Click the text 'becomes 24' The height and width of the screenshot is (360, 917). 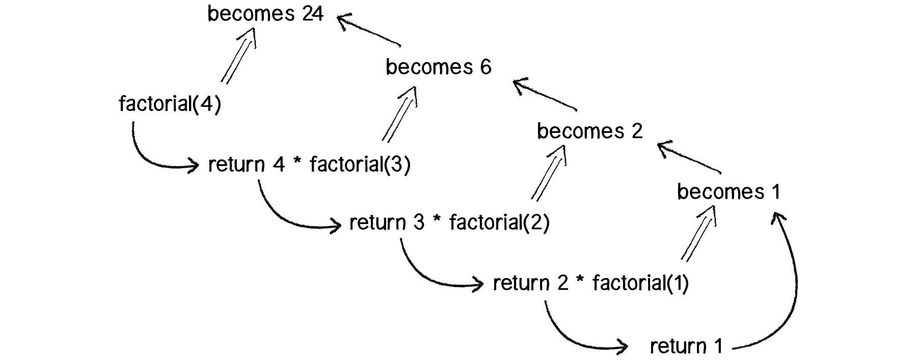coord(265,14)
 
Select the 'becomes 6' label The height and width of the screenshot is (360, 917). coord(438,67)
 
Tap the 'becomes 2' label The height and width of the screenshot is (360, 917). coord(589,131)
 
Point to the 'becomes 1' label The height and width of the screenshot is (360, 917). coord(729,192)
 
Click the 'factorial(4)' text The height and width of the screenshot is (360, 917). coord(170,104)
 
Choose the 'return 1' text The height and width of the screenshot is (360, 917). coord(686,347)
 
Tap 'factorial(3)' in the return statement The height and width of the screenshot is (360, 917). coord(360,164)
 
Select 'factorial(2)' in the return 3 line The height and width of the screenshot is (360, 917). coord(499,223)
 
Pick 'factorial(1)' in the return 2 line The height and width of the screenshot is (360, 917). coord(640,283)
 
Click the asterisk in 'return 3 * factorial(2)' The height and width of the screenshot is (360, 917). coord(436,223)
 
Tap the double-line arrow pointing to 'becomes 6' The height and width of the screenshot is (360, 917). coord(400,115)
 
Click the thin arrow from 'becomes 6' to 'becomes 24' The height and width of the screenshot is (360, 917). coord(369,32)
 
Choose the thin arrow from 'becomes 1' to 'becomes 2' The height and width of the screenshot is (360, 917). coord(689,158)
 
